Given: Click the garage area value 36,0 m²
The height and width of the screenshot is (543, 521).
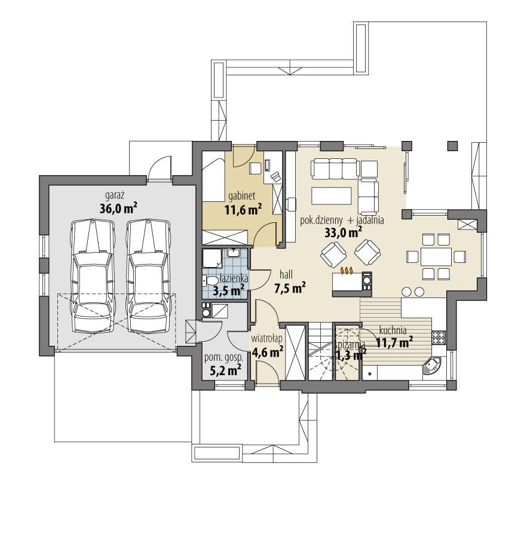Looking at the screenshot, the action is [118, 208].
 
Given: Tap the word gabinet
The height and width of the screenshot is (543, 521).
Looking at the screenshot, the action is [242, 196].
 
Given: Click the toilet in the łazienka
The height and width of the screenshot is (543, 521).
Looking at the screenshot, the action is [210, 280].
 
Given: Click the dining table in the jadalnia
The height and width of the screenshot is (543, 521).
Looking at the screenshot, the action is [436, 257].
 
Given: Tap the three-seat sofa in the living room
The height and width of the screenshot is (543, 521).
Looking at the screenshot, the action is [334, 168].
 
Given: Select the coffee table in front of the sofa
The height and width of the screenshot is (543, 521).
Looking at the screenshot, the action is [332, 196].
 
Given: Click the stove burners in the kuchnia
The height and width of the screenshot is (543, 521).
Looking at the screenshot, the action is [439, 338].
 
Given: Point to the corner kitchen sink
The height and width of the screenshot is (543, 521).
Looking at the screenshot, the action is [431, 366].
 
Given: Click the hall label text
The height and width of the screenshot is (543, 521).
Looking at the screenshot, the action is [286, 275].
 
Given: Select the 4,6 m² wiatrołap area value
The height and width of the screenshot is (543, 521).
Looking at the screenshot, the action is [268, 352].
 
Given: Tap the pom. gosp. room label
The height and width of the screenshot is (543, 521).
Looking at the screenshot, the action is [223, 358].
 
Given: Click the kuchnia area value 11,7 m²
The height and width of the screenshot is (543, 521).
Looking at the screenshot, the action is [394, 342].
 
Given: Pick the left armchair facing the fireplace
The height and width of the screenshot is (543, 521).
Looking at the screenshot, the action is [333, 254].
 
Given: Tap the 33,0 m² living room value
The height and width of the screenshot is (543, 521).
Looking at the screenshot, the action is [344, 232].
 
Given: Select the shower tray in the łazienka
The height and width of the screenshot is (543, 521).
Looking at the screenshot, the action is [212, 259].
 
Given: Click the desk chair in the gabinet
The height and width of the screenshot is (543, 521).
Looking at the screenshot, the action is [276, 176].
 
